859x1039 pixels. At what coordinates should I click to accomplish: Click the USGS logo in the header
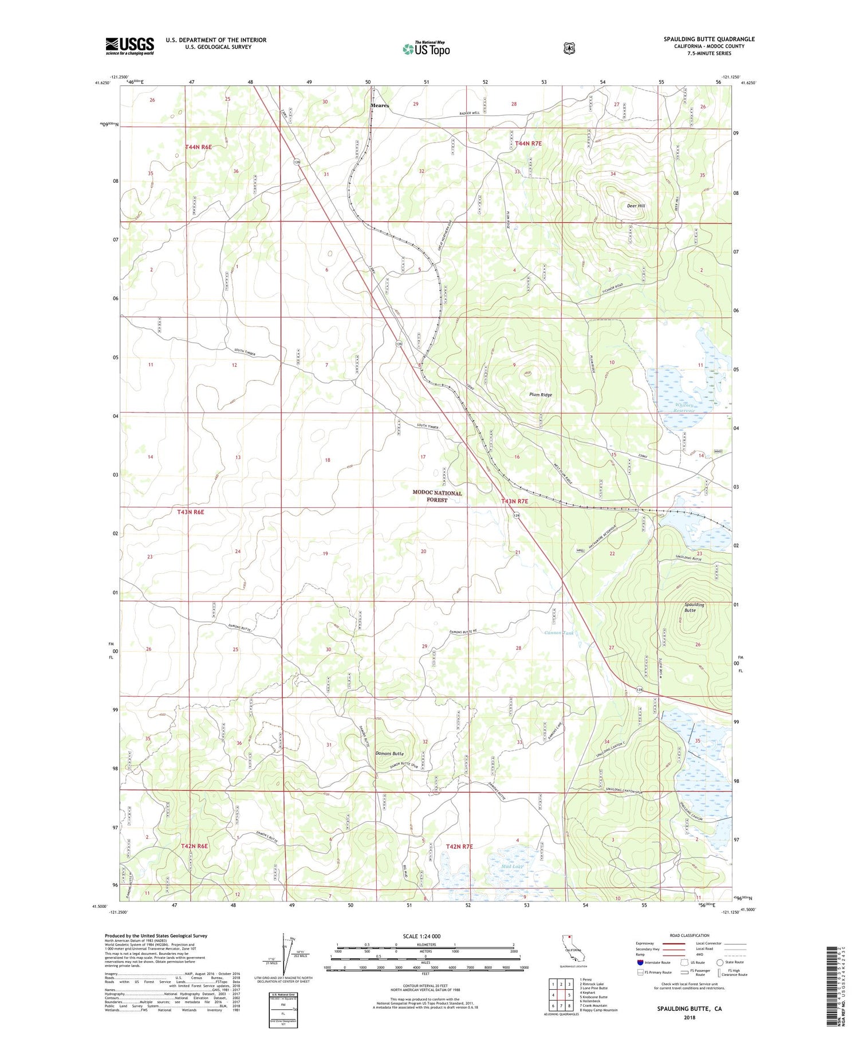coord(129,46)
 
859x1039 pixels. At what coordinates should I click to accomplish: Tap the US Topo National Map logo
coord(426,49)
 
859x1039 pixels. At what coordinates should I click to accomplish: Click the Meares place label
coord(379,105)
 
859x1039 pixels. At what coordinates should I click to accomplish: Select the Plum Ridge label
coord(540,395)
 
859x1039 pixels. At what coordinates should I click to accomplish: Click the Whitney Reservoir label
coord(684,408)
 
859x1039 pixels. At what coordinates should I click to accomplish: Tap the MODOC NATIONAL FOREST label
coord(437,496)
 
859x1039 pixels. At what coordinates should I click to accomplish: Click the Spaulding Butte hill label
coord(694,607)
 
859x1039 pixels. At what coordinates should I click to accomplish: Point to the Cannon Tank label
coord(558,633)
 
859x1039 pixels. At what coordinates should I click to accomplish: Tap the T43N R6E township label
coord(190,512)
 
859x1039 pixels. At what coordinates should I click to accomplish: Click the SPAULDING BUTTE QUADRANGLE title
coord(700,39)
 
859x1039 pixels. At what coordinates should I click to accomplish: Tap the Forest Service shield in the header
coord(568,49)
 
